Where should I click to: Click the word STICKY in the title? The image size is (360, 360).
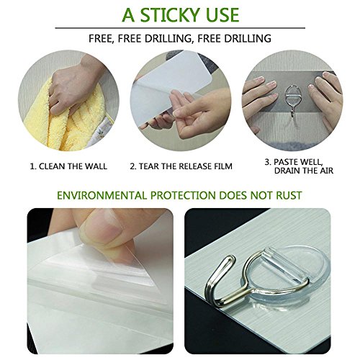(x=170, y=15)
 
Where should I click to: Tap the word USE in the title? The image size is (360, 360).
(x=221, y=15)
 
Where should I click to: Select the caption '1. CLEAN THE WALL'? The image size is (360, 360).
(x=68, y=166)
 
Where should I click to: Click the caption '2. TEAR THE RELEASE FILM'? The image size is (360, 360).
(x=181, y=166)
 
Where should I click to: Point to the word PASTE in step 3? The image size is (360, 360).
(x=287, y=162)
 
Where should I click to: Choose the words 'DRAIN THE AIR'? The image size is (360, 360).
(x=304, y=171)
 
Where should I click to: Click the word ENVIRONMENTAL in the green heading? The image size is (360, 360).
(x=102, y=195)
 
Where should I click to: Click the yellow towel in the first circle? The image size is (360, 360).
(x=65, y=120)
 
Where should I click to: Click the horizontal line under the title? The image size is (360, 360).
(x=180, y=28)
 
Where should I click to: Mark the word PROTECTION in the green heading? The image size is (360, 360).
(x=183, y=195)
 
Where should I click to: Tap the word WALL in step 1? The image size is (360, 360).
(x=95, y=166)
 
